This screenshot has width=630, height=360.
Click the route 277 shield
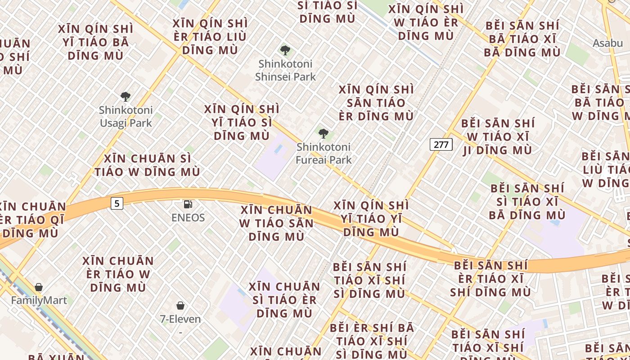(x=441, y=144)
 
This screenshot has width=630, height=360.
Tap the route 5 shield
(x=117, y=203)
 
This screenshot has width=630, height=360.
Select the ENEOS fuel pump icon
(x=188, y=204)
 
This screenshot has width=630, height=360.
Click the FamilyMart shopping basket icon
(x=39, y=287)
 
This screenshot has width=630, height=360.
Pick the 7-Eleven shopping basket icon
(x=180, y=306)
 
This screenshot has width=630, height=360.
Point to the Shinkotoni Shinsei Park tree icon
(x=285, y=50)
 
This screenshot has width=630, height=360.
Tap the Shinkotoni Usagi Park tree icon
(x=126, y=96)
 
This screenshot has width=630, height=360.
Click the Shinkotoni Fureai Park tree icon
(x=323, y=133)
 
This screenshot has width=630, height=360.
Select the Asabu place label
(x=607, y=43)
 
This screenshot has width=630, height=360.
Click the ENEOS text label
(x=188, y=218)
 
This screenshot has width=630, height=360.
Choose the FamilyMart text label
(x=39, y=300)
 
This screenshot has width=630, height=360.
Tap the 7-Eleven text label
(x=180, y=319)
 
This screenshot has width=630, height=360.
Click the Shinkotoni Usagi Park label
(x=126, y=117)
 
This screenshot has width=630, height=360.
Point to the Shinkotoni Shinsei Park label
(x=285, y=70)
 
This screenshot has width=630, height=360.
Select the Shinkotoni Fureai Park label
(x=324, y=153)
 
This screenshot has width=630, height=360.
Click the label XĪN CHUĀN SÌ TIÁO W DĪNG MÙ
(x=147, y=165)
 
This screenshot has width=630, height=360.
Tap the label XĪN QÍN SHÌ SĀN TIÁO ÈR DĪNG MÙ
(x=376, y=103)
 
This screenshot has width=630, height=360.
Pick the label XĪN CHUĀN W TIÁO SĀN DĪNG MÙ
(x=276, y=223)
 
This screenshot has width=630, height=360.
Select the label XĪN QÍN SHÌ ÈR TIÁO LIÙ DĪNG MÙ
(x=210, y=36)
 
